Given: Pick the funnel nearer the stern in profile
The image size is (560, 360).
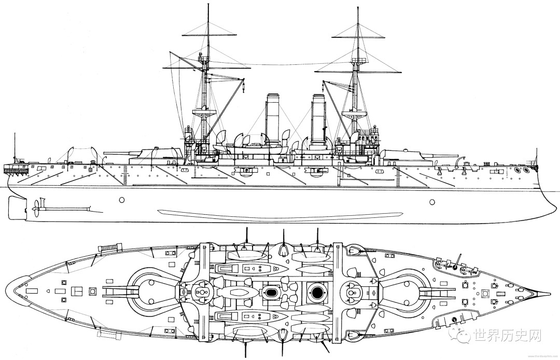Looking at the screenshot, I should coord(273,117).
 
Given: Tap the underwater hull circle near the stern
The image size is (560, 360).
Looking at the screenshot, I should coord(122,200).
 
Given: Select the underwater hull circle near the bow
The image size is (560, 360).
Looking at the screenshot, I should coord(432,201).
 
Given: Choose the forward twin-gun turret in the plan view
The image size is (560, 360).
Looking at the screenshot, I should coord(410,291).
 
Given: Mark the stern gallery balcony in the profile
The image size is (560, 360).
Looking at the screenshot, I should coord(15,169).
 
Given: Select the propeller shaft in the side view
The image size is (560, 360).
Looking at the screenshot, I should coord(65,210).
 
